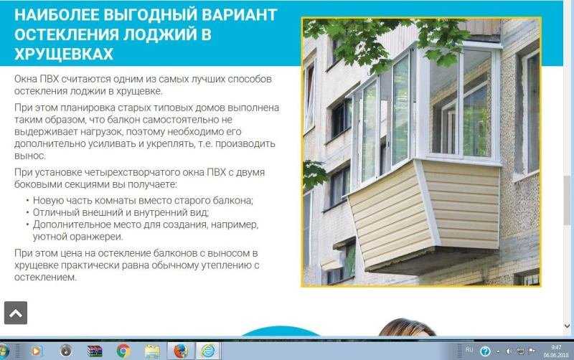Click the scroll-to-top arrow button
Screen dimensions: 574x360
pyautogui.click(x=16, y=313)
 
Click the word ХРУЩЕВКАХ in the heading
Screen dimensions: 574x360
pyautogui.click(x=64, y=54)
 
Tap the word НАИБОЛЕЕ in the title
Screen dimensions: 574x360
pyautogui.click(x=57, y=14)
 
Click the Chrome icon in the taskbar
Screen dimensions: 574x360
pyautogui.click(x=123, y=351)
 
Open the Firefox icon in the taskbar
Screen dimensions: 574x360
pyautogui.click(x=181, y=351)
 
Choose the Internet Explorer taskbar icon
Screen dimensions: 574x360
pyautogui.click(x=208, y=351)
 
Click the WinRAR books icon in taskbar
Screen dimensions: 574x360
pyautogui.click(x=95, y=351)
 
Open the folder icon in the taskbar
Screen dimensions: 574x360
pyautogui.click(x=152, y=351)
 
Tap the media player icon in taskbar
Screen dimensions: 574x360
pyautogui.click(x=36, y=351)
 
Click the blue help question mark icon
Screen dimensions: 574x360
pyautogui.click(x=485, y=351)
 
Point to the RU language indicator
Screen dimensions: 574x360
pyautogui.click(x=469, y=350)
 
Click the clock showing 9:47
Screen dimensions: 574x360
pyautogui.click(x=556, y=348)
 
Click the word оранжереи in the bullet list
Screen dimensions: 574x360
pyautogui.click(x=78, y=237)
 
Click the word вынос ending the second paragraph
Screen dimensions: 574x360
pyautogui.click(x=30, y=156)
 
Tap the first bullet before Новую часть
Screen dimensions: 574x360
pyautogui.click(x=27, y=200)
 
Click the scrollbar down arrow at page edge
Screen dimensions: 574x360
pyautogui.click(x=567, y=326)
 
